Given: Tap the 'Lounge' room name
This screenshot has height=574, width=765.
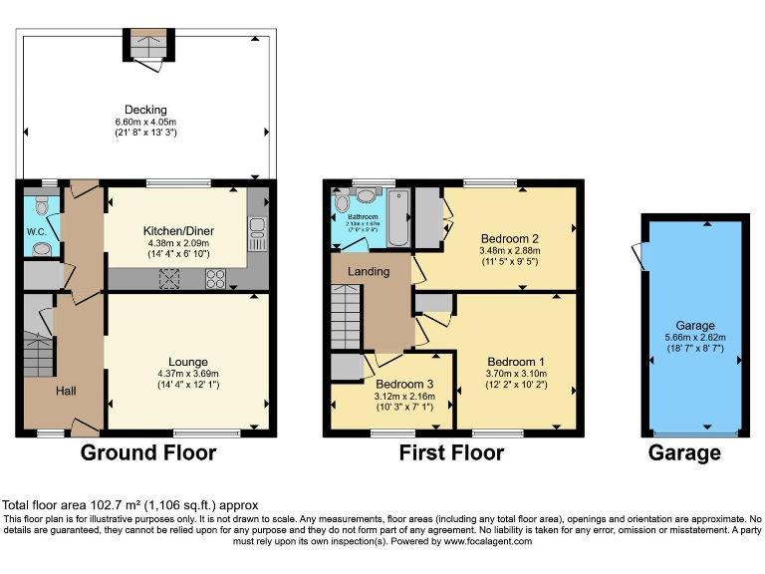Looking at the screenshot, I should point(187,362).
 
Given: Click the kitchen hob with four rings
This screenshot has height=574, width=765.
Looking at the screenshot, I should point(215,280).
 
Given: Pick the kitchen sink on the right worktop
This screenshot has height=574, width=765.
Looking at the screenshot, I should point(256,233).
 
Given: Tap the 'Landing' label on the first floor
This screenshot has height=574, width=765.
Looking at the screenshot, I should point(369,271).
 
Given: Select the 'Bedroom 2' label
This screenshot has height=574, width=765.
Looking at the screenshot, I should point(509,238).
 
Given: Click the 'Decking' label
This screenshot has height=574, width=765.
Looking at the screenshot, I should point(145,110).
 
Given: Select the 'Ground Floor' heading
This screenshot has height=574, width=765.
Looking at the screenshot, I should point(148,453).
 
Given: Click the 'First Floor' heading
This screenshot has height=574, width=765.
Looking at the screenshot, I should point(450,453).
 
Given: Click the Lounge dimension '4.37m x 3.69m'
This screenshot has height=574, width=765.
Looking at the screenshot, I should point(187,375).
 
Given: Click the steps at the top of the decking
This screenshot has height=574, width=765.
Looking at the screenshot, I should point(148,43).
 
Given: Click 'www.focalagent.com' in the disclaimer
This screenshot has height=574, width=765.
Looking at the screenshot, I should point(488,541).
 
